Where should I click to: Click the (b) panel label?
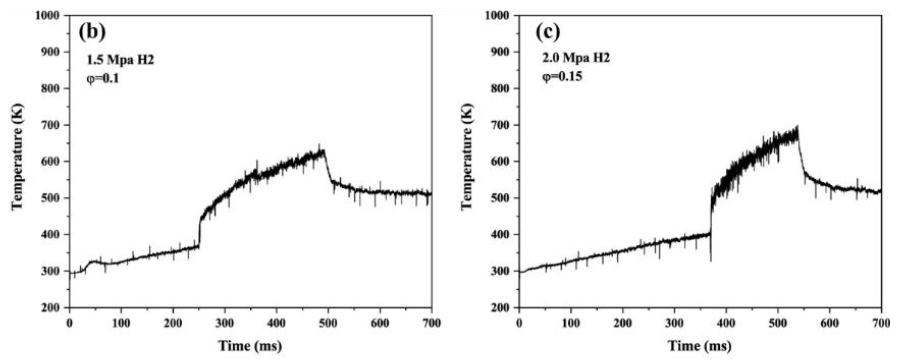[92, 31]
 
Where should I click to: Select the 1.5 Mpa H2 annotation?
[120, 60]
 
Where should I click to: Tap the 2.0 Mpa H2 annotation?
[576, 58]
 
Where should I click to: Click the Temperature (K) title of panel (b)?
[18, 157]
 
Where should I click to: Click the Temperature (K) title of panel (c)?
[467, 157]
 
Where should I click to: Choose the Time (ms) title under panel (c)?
[700, 346]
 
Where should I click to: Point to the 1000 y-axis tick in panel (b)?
[49, 16]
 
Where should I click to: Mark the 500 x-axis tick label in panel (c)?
[778, 323]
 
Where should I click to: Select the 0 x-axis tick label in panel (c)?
[519, 323]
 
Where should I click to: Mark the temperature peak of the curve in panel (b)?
[319, 144]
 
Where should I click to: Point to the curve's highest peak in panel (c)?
[805, 126]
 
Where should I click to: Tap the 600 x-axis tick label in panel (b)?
[380, 323]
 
